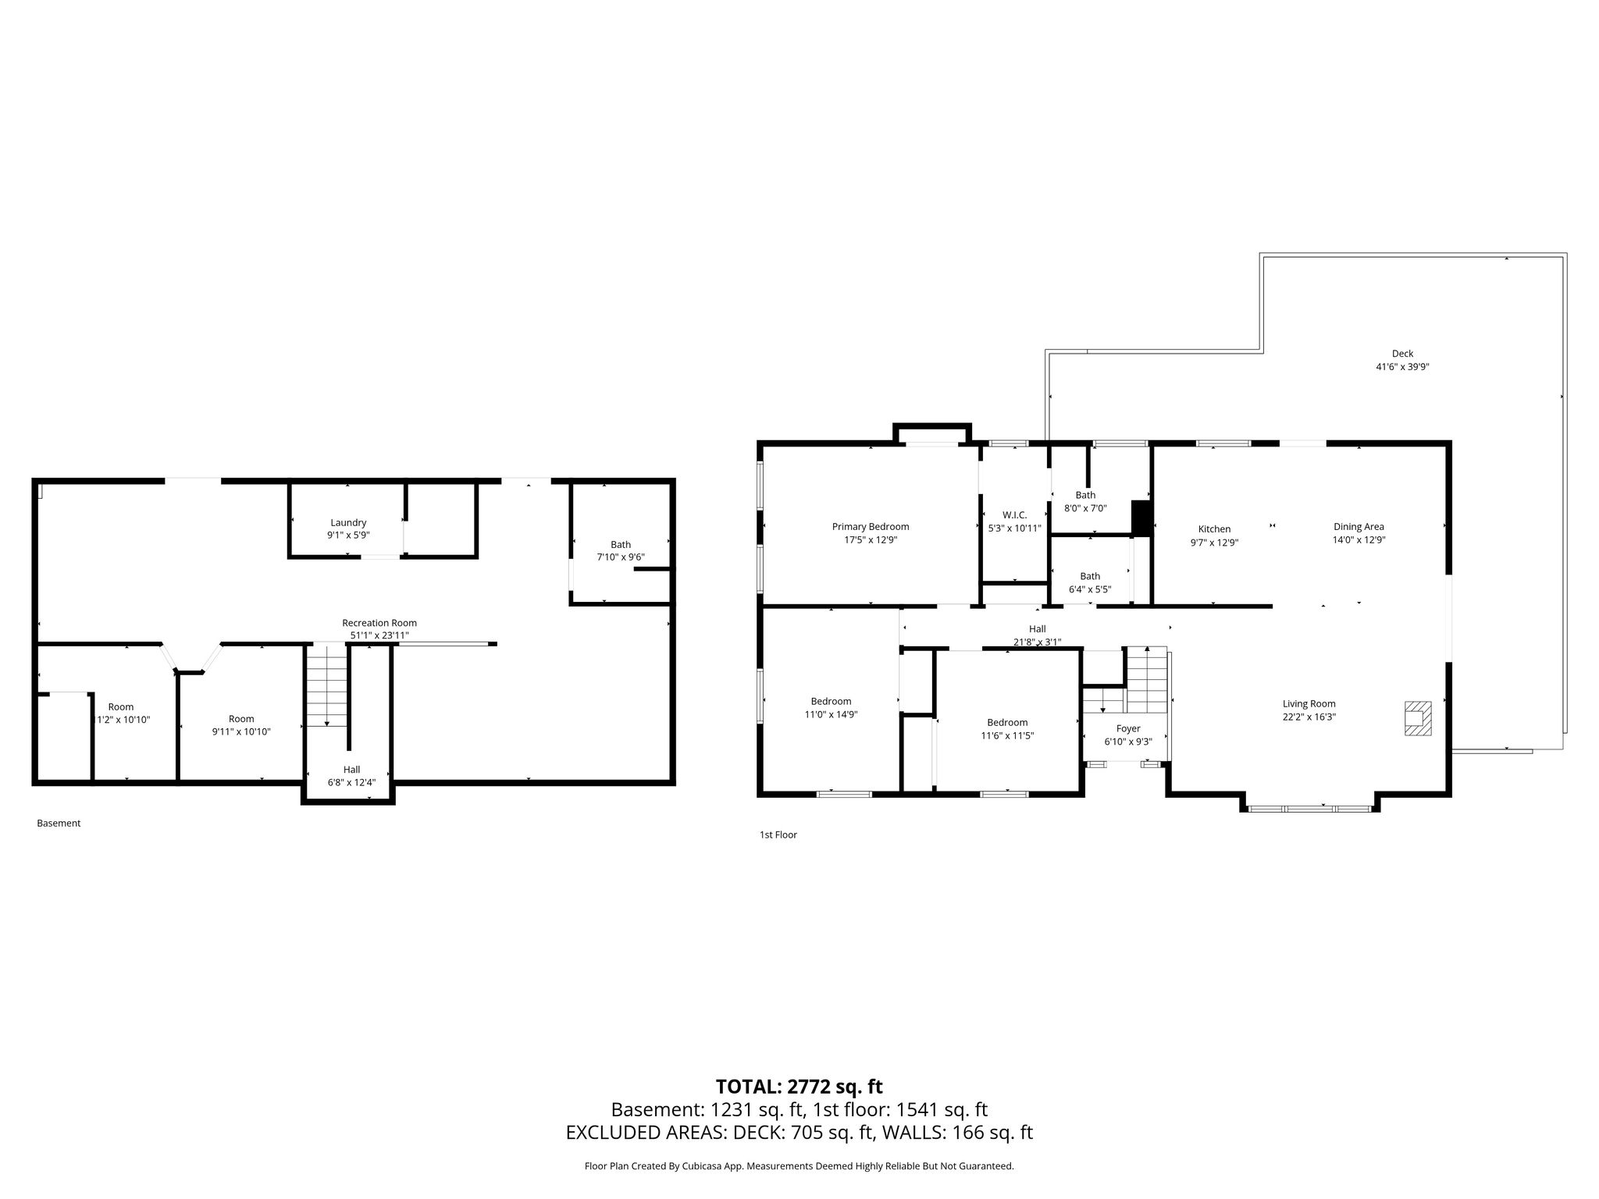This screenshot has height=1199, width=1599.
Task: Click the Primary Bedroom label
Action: tap(871, 527)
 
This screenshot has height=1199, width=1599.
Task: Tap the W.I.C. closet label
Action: tap(1014, 515)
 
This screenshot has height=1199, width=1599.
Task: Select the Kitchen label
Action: tap(1214, 529)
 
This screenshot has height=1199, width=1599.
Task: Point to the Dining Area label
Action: tap(1359, 527)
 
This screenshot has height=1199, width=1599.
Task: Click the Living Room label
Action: tap(1309, 704)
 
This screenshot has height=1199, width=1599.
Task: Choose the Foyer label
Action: tap(1128, 729)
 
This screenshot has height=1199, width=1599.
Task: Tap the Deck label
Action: tap(1402, 354)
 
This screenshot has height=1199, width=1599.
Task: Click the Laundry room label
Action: tap(348, 523)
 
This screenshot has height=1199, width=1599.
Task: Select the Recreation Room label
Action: tap(379, 623)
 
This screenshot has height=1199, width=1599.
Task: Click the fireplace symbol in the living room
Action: tap(1418, 718)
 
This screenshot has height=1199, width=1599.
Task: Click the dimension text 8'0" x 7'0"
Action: tap(1085, 508)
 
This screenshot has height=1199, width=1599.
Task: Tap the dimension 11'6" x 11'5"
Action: tap(1007, 735)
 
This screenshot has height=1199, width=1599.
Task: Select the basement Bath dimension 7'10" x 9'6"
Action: tap(621, 557)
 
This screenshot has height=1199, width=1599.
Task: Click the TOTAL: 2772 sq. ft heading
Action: tap(799, 1087)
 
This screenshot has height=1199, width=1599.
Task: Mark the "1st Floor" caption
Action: tap(778, 834)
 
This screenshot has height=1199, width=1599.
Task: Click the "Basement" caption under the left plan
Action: tap(59, 823)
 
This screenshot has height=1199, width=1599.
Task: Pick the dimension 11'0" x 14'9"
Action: tap(832, 714)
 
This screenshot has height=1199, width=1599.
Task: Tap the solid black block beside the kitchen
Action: tap(1141, 518)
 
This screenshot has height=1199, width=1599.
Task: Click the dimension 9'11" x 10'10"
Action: tap(241, 731)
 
